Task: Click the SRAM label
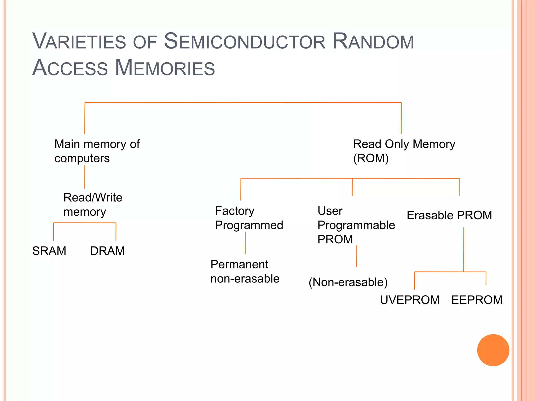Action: pos(49,251)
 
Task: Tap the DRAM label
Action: pos(107,251)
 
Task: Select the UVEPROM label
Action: pos(410,300)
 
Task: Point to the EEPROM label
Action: pos(477,300)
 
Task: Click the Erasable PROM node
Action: pos(449,215)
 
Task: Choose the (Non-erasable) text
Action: pos(348,282)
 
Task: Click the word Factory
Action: pos(235,211)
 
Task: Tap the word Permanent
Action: pos(239,264)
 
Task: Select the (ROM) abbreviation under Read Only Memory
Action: pos(371,158)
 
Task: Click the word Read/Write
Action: pos(93,198)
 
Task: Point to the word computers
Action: pos(82,158)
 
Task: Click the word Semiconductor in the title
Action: pos(245,42)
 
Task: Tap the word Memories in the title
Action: pos(165,68)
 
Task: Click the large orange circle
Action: pos(493,350)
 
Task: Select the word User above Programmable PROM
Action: pos(330,211)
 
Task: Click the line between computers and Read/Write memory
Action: pos(85,177)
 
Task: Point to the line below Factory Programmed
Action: pos(245,243)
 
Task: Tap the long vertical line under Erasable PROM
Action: pos(464,249)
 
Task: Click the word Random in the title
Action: pos(373,42)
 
